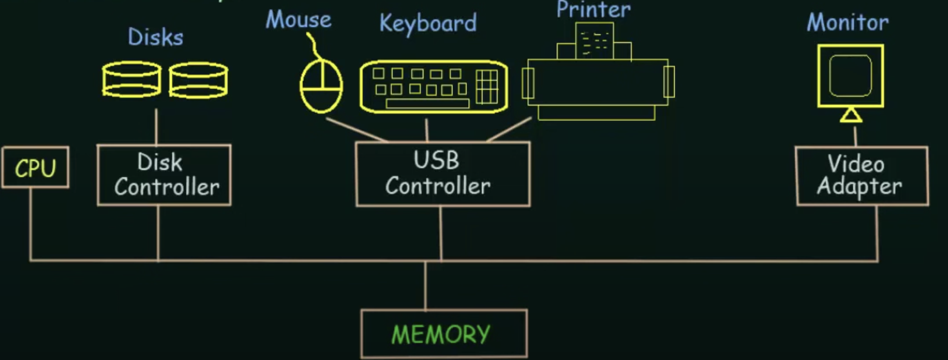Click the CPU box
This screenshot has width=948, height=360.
pos(35,167)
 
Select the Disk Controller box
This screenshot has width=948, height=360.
pos(164,175)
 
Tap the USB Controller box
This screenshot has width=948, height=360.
pos(443,174)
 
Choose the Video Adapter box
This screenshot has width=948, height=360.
pos(862,176)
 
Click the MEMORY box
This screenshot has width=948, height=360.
pos(443,333)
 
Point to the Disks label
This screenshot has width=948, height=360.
pos(156,38)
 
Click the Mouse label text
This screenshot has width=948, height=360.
pos(298,20)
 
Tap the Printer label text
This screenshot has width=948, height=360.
pos(594,9)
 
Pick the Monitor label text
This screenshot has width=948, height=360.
pos(848,22)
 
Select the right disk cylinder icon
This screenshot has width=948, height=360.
pos(198,80)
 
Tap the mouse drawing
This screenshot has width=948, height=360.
pos(321,86)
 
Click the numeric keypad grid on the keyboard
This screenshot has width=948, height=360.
pos(487,87)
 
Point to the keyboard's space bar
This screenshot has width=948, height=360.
pos(427,104)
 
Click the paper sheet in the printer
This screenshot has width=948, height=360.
pos(594,40)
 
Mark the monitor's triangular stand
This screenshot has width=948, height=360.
pos(851,116)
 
